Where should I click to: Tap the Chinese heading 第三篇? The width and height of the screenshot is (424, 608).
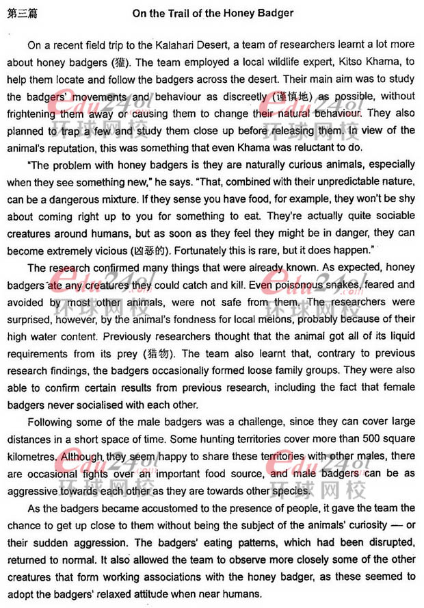[21, 12]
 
